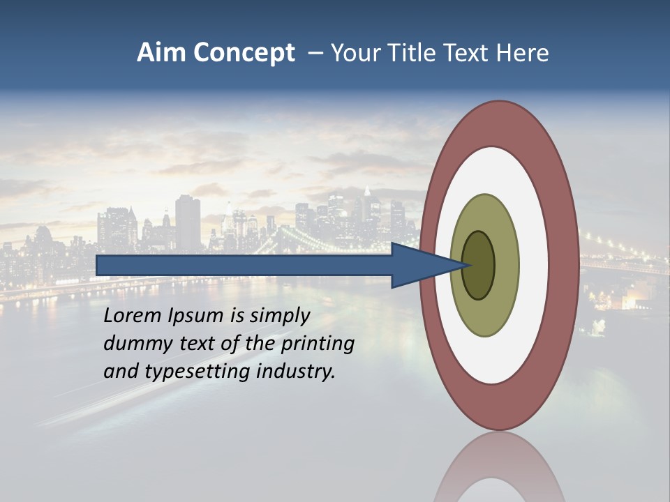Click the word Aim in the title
click(161, 53)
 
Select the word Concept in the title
click(244, 54)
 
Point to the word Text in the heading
click(464, 53)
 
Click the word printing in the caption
click(317, 344)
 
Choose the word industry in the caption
click(296, 372)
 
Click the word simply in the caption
click(279, 317)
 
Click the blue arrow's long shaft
click(244, 266)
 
